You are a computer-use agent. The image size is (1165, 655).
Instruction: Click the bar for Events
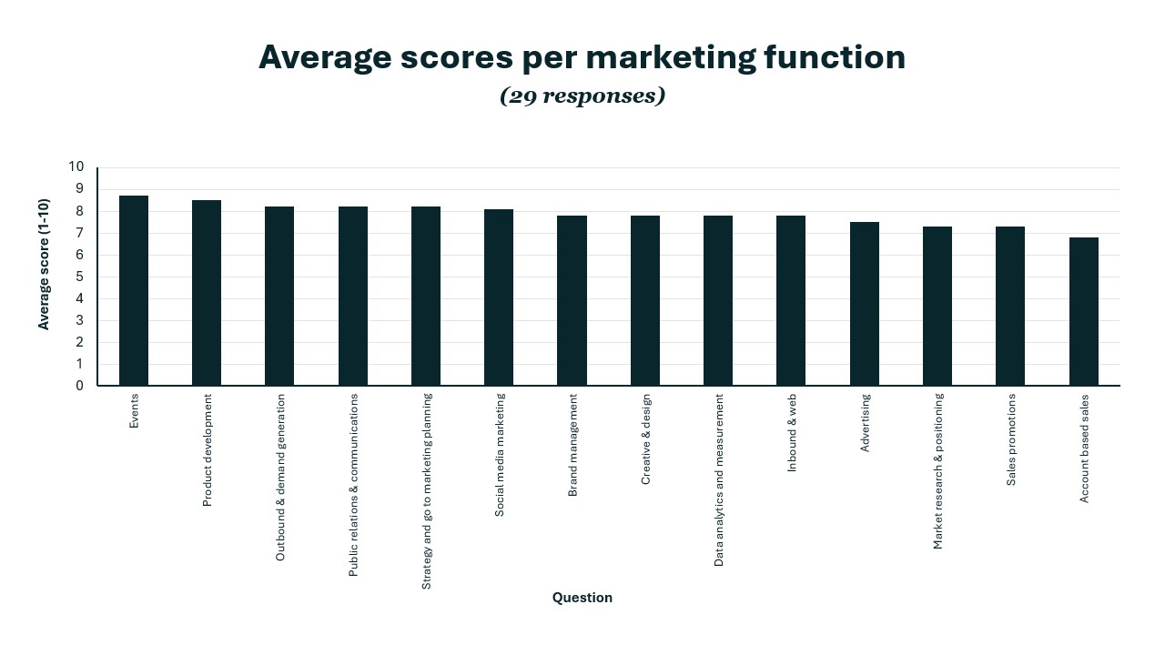pyautogui.click(x=134, y=291)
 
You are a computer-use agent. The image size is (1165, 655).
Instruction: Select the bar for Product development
pyautogui.click(x=207, y=293)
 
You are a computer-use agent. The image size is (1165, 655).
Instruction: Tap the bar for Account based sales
pyautogui.click(x=1083, y=312)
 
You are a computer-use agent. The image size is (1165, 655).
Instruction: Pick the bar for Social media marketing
pyautogui.click(x=499, y=297)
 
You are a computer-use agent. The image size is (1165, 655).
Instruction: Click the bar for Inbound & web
pyautogui.click(x=791, y=301)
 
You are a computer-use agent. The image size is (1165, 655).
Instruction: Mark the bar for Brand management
pyautogui.click(x=572, y=301)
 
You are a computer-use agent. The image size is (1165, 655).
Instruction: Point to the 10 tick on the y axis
pyautogui.click(x=76, y=167)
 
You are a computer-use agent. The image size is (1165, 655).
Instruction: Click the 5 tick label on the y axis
pyautogui.click(x=79, y=277)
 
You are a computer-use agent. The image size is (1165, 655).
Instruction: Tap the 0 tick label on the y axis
pyautogui.click(x=79, y=386)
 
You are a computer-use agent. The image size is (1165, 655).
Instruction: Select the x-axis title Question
pyautogui.click(x=582, y=598)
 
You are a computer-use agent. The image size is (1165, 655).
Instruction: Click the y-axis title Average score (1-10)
pyautogui.click(x=44, y=264)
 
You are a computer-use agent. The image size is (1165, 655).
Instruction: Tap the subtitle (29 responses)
pyautogui.click(x=582, y=96)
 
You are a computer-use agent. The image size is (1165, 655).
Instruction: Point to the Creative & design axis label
pyautogui.click(x=646, y=438)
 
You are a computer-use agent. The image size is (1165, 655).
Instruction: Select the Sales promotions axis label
pyautogui.click(x=1011, y=439)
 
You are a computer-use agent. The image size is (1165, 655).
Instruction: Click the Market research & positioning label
pyautogui.click(x=938, y=470)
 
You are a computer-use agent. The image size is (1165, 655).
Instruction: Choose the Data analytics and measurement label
pyautogui.click(x=719, y=480)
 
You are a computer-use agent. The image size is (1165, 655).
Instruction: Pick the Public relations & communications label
pyautogui.click(x=354, y=485)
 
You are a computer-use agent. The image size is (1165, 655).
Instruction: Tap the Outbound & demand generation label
pyautogui.click(x=280, y=477)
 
